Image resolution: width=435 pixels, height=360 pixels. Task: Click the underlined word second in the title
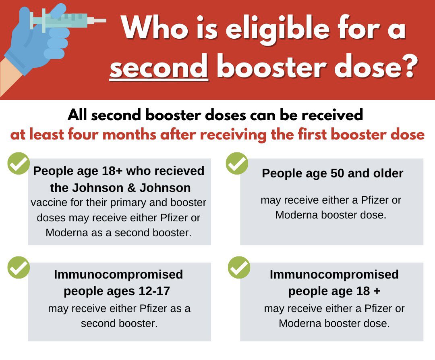point(159,67)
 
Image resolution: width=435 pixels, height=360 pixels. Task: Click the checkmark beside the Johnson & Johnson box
point(19,163)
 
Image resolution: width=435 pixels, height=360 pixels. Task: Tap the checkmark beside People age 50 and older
point(237,163)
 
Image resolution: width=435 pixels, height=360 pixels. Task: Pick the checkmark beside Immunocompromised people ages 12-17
point(19,267)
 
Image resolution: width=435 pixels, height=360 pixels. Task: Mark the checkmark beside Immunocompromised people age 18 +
point(239,267)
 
